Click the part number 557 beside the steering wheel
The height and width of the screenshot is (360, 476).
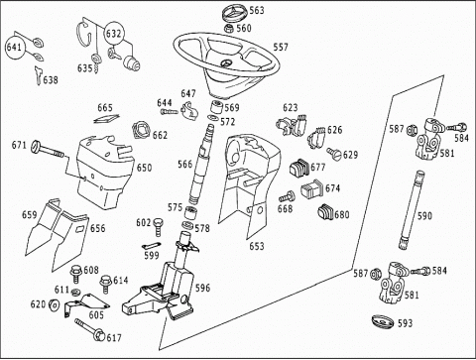click(x=281, y=48)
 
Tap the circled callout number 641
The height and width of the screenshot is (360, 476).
click(x=14, y=47)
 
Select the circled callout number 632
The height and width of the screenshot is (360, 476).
click(x=113, y=34)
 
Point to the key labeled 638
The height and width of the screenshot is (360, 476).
click(x=38, y=75)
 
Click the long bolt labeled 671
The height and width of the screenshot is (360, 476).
click(x=49, y=150)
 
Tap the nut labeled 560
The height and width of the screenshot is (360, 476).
click(x=229, y=29)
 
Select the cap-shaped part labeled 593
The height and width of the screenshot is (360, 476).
click(x=382, y=322)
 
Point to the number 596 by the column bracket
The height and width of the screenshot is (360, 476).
click(x=202, y=288)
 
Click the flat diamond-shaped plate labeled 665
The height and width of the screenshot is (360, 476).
click(x=106, y=119)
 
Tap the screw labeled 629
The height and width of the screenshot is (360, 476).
click(x=333, y=154)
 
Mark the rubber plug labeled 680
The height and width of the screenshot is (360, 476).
click(x=325, y=212)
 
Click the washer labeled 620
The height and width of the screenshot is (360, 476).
click(x=54, y=304)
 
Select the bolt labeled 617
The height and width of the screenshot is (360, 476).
click(x=89, y=329)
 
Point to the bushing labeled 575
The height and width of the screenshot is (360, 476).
click(x=190, y=212)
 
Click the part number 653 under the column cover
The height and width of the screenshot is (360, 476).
click(x=257, y=246)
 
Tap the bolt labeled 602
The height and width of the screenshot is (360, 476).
click(x=159, y=226)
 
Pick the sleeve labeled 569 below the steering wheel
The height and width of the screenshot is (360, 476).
click(x=216, y=107)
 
